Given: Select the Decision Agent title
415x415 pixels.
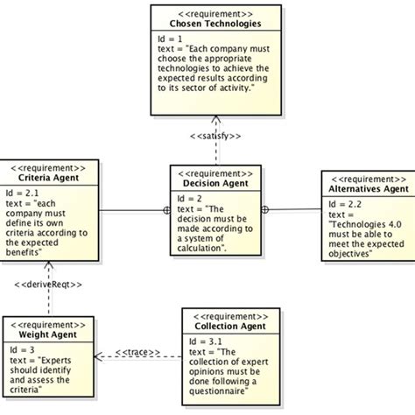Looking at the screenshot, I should tap(214, 183).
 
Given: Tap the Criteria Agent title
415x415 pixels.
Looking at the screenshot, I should tap(46, 178).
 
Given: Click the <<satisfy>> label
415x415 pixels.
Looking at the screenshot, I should tap(215, 136).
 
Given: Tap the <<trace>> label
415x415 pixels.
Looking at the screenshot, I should tap(138, 353).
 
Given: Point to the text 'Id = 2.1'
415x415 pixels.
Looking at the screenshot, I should tap(23, 193).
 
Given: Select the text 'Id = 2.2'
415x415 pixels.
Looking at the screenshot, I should tap(343, 203).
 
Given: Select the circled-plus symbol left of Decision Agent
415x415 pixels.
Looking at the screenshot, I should tap(166, 210).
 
